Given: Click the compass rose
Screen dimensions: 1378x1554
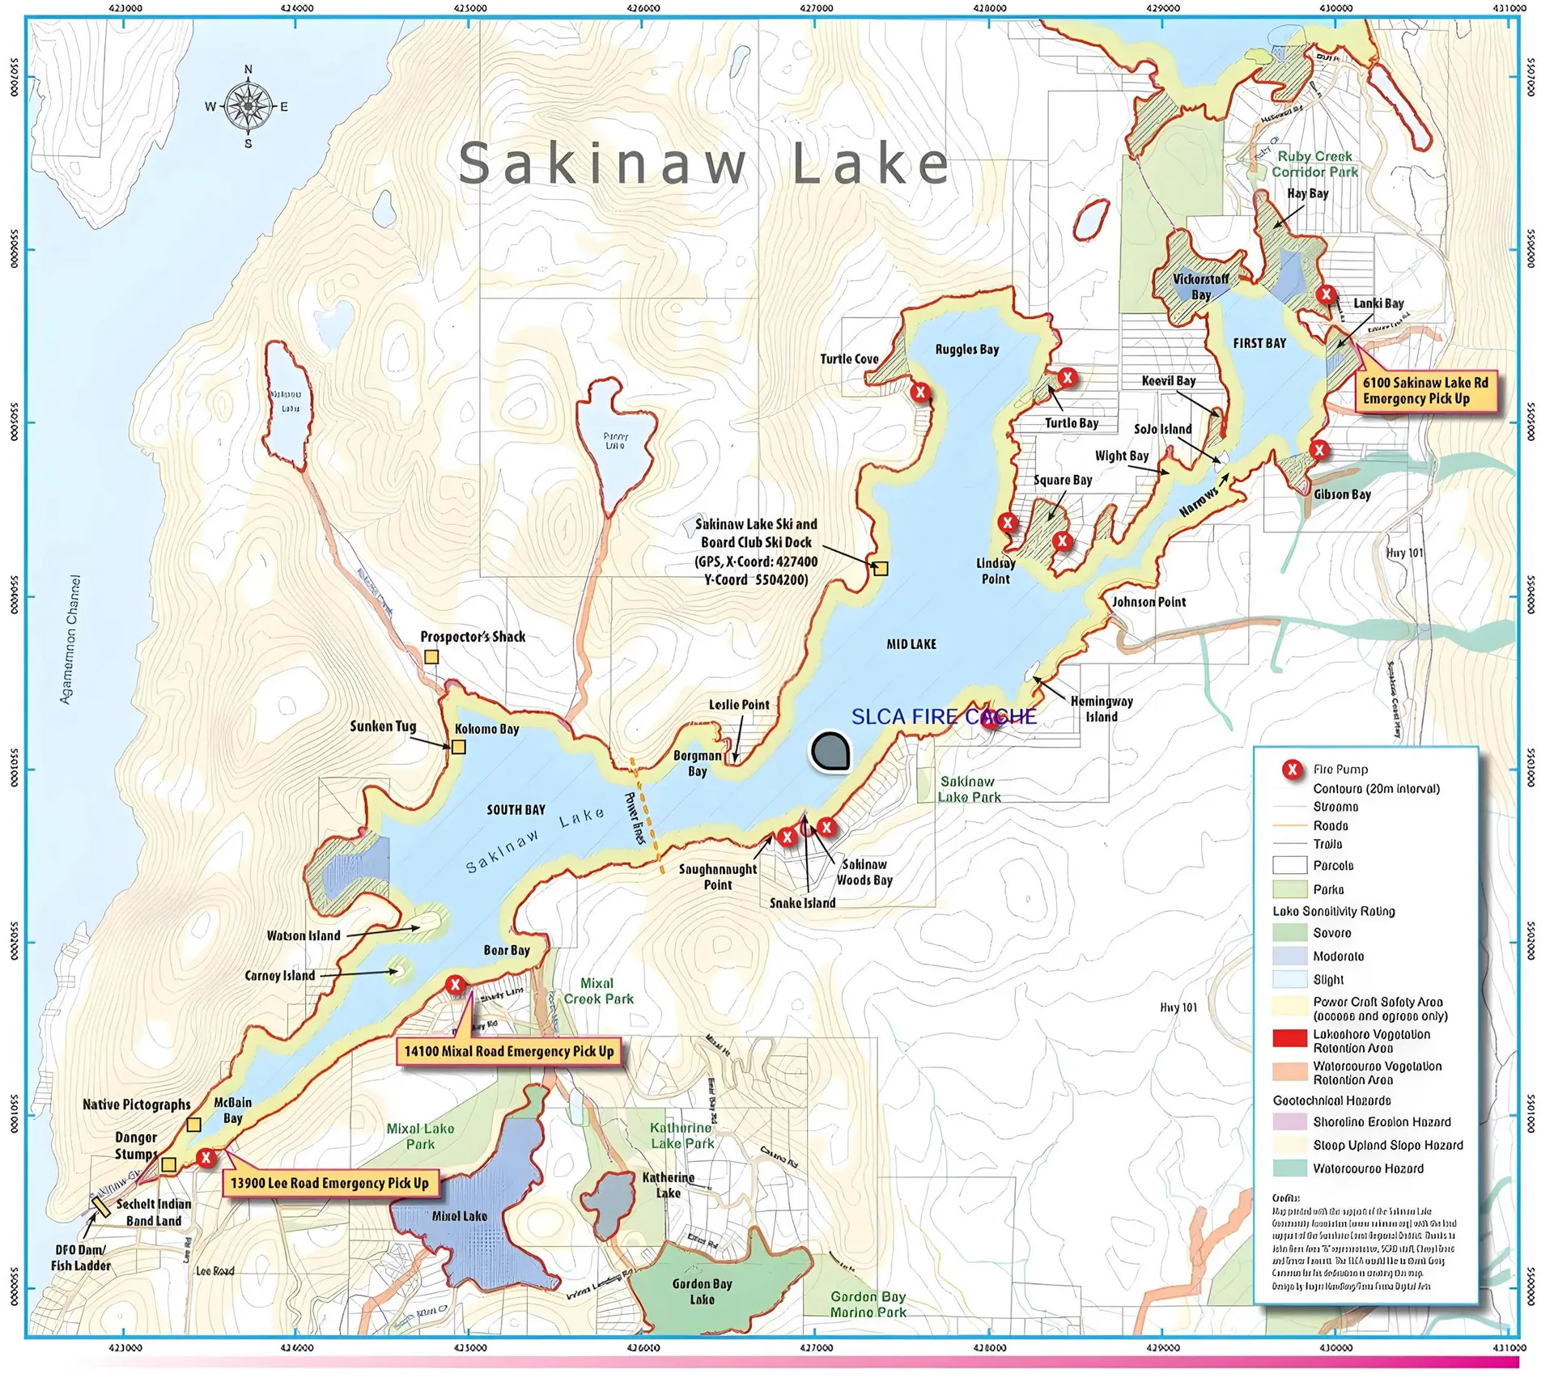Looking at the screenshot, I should (248, 106).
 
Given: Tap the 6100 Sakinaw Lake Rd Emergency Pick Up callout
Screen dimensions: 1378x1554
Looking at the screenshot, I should (1424, 391).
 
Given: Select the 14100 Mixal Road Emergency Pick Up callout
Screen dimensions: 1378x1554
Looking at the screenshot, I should (509, 1051).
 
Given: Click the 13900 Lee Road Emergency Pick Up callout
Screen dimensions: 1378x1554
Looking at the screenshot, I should (330, 1183).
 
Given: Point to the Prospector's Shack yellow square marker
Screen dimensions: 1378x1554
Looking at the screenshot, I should (432, 657).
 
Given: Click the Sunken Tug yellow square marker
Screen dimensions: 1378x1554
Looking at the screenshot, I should (458, 747).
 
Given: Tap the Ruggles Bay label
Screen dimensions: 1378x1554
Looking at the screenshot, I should (966, 350).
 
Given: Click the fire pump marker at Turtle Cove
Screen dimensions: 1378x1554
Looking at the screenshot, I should (920, 392).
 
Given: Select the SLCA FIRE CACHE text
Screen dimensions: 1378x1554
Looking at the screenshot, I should (944, 716).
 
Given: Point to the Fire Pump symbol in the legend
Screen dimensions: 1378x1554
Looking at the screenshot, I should (1293, 770).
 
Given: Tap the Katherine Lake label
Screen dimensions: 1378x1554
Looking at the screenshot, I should (669, 1185).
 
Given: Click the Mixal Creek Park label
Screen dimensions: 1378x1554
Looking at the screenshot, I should (598, 991).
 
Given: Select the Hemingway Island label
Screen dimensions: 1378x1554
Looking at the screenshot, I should (1102, 709).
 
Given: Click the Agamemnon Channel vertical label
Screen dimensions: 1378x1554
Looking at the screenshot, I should (71, 639).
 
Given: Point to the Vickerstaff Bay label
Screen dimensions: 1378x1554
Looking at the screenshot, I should (1200, 286).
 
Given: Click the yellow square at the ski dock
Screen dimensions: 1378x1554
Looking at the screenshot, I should (881, 569).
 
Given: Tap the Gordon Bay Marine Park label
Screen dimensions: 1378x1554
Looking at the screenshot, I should (868, 1304).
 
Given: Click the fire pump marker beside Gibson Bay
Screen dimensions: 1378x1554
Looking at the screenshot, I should (1320, 450).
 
